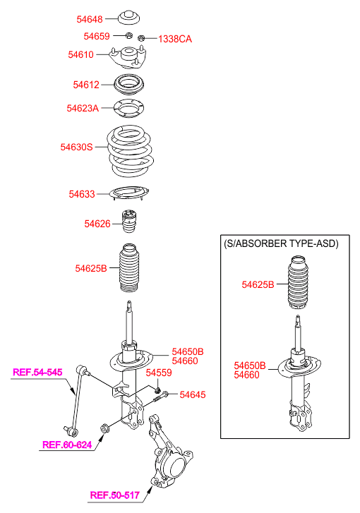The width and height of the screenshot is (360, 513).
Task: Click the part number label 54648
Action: pos(90,19)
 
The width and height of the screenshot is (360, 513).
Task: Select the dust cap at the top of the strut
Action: pos(128,18)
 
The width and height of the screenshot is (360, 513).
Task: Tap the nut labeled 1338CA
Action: pos(141,38)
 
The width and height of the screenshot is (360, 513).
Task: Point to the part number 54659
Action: pos(97,36)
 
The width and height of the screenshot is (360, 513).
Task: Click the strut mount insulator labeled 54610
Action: pos(128,57)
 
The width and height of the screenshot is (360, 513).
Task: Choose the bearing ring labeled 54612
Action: pos(129,85)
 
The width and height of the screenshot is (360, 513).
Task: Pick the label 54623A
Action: pos(83,108)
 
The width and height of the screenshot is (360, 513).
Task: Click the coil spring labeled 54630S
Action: pos(131,152)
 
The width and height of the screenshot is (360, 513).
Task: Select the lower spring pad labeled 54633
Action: pos(129,193)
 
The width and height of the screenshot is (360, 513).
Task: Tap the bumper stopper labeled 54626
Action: pos(129,221)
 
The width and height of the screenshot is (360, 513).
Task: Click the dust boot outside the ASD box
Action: pos(129,267)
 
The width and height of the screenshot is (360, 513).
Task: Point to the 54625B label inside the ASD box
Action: pos(258,284)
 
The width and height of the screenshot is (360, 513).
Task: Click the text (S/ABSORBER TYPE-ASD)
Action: pos(281,243)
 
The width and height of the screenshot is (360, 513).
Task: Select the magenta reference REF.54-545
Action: pos(37,373)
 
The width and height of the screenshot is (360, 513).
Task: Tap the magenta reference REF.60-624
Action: pos(67,445)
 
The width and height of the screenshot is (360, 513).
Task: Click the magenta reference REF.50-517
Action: pos(115,495)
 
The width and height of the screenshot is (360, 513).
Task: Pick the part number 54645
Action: pos(193,395)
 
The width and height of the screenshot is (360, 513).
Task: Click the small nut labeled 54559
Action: pos(157,390)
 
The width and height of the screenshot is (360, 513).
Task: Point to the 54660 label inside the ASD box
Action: pos(246,375)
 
